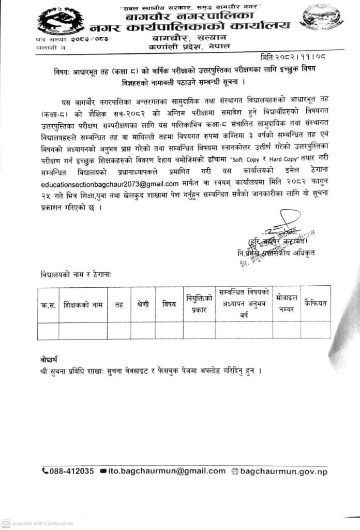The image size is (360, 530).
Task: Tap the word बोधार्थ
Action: click(49, 359)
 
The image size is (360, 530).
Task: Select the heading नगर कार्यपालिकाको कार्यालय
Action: click(189, 25)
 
